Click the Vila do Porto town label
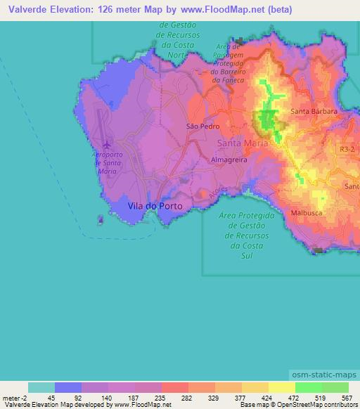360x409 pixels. click(x=155, y=206)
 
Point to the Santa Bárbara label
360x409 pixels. click(x=314, y=111)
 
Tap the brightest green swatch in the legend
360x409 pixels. click(x=309, y=387)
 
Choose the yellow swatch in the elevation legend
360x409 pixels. click(x=282, y=387)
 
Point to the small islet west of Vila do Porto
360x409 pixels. click(x=101, y=221)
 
